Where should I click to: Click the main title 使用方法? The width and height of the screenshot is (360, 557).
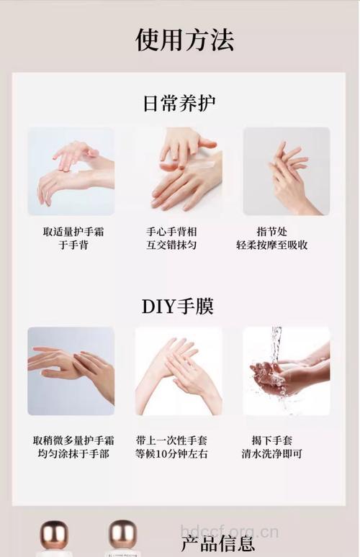[x=184, y=39]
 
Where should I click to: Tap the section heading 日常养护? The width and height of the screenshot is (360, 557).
[x=179, y=103]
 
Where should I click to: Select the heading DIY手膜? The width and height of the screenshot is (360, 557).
[x=178, y=306]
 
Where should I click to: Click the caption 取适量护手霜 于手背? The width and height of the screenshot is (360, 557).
[x=71, y=238]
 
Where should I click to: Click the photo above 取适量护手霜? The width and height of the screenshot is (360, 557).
[x=71, y=171]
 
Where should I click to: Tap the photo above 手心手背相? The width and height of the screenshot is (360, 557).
[x=179, y=171]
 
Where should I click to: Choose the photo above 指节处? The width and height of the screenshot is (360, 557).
[x=286, y=171]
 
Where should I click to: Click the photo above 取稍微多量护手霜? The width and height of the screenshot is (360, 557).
[x=71, y=371]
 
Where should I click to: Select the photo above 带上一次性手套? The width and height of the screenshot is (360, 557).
[x=179, y=371]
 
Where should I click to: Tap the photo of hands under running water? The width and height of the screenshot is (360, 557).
[x=286, y=371]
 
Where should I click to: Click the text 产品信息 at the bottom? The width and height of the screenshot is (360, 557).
[x=217, y=543]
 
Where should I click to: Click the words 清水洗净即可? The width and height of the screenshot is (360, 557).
[x=272, y=454]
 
